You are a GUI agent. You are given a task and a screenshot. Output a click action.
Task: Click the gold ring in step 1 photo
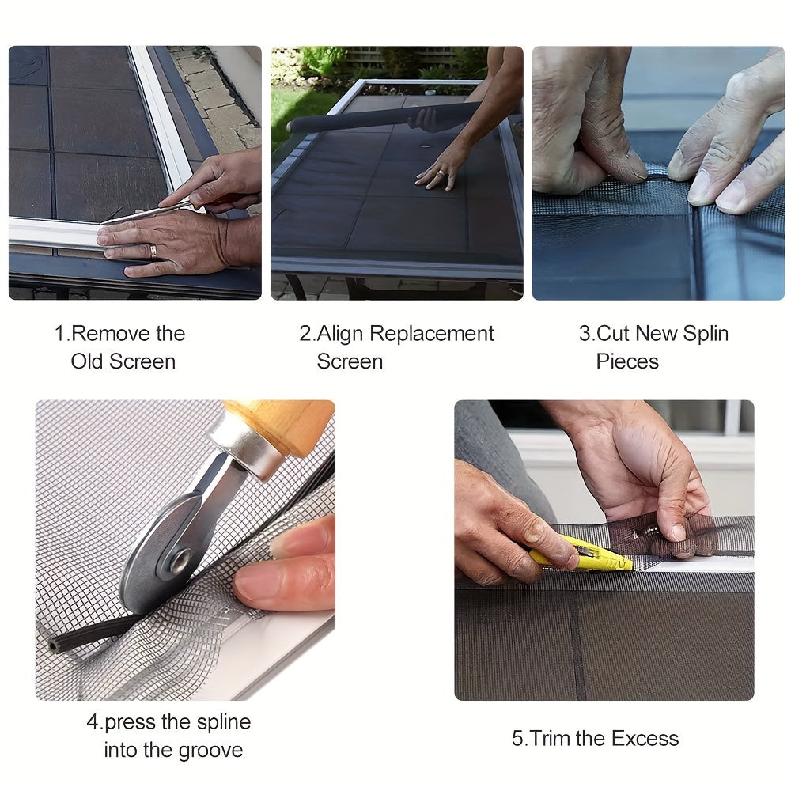coord(153,251)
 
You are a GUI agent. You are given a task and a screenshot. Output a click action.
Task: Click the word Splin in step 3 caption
coord(701,334)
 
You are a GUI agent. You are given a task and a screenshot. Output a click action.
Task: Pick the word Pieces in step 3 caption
coord(627,361)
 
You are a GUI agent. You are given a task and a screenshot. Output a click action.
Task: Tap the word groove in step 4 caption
coord(209,750)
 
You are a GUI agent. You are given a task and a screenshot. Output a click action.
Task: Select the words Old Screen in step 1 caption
coord(123,361)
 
